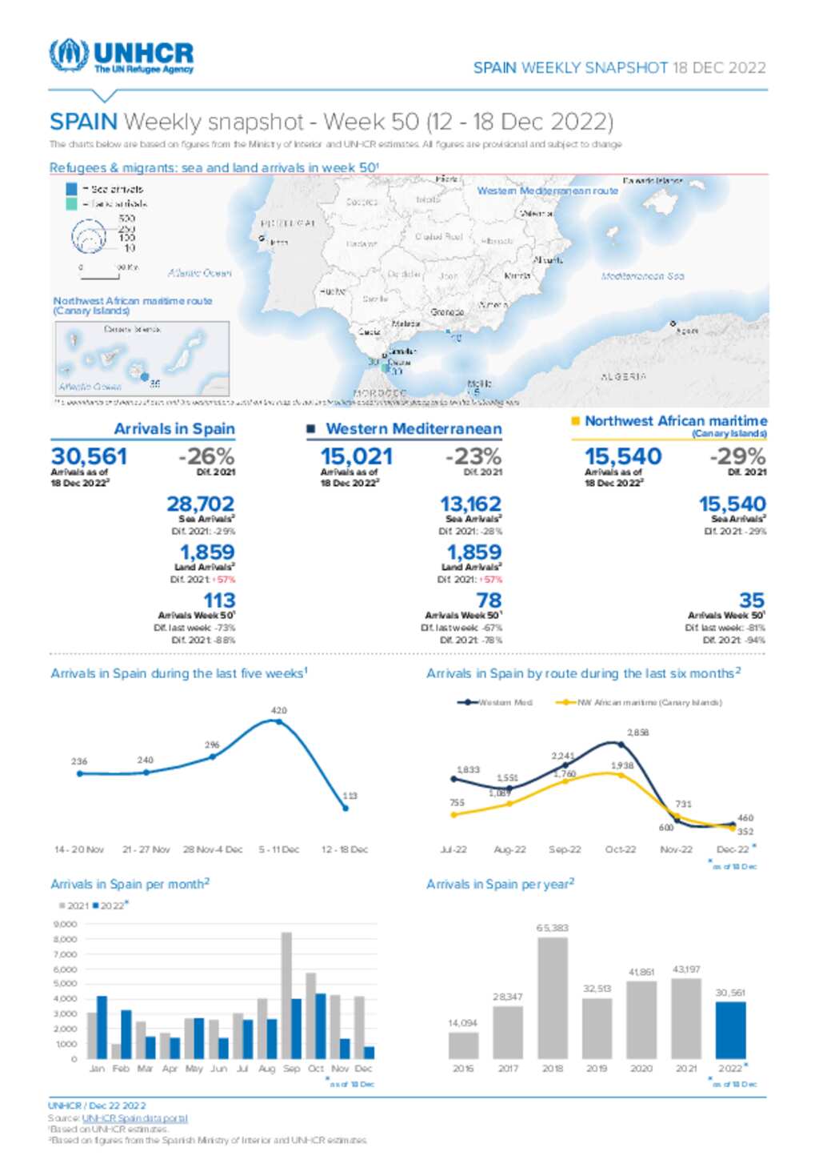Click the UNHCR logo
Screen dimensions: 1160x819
coord(121,56)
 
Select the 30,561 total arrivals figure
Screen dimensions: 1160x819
coord(89,456)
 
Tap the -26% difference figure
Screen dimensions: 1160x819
coord(206,456)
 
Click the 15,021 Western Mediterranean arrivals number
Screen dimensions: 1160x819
coord(357,456)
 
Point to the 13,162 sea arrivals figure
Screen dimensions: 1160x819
coord(470,504)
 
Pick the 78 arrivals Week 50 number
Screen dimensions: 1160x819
coord(489,600)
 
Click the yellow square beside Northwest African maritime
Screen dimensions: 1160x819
coord(575,421)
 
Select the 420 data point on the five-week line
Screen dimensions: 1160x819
coord(278,721)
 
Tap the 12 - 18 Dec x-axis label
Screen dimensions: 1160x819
coord(345,849)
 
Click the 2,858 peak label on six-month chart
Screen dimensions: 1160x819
coord(637,733)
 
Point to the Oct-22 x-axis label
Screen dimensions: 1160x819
coord(620,849)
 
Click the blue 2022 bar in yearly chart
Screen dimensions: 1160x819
coord(730,1030)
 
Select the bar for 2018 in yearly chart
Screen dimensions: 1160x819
coord(553,998)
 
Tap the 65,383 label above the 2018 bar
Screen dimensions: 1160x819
coord(553,928)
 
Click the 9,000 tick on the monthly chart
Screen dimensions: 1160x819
coord(65,925)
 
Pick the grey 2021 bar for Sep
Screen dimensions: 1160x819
coord(286,995)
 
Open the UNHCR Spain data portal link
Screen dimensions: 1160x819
coord(134,1118)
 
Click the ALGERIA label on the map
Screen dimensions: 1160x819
coord(623,376)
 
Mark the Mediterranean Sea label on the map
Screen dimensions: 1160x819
coord(642,276)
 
